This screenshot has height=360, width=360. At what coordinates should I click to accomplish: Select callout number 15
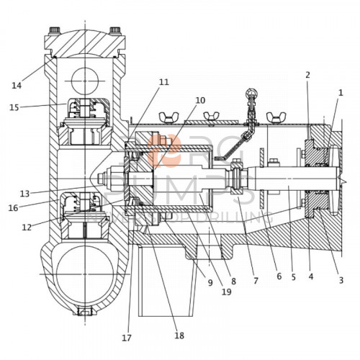pos(14,107)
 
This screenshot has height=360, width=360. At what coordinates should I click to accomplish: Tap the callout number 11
pos(164,82)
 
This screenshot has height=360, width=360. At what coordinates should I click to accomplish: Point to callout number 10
pos(200,100)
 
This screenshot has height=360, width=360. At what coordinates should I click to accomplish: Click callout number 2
pos(307,75)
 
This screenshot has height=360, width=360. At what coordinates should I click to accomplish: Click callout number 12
pos(26,228)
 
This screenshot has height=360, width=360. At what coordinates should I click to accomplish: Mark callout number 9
pos(210,282)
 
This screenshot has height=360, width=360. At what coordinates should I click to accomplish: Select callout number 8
pos(233,282)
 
